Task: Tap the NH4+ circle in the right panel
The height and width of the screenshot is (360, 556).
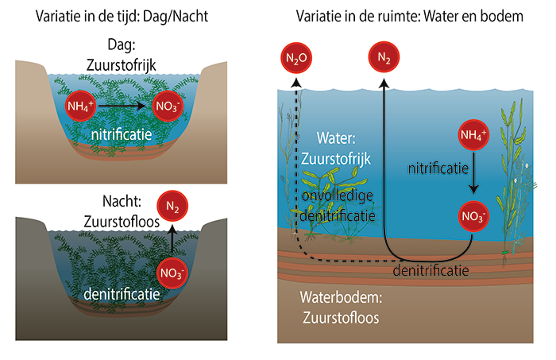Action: [473, 137]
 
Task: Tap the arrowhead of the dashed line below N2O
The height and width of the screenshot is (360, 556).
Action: [296, 81]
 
